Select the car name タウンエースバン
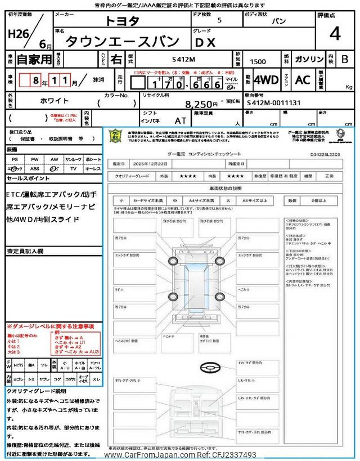tap(123, 41)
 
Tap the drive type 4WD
tap(266, 80)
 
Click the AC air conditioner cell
tap(303, 80)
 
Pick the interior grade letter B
tap(345, 59)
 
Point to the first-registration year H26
tap(20, 33)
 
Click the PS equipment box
tap(15, 160)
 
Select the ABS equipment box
tap(35, 168)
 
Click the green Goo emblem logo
tap(115, 136)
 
